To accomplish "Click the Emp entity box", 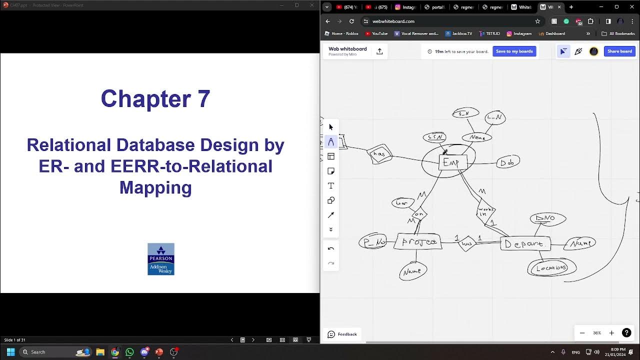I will pos(452,162).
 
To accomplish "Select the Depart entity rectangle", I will pos(525,243).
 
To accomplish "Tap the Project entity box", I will pos(418,242).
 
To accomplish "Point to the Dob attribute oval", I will pos(508,162).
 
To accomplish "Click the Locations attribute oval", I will pos(551,268).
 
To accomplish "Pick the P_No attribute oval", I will pos(373,242).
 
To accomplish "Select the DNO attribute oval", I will pos(547,218).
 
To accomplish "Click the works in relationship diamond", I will pos(485,211).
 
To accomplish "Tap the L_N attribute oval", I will pos(495,118).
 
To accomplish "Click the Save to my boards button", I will pos(514,51).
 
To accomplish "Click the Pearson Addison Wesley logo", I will pos(160,259).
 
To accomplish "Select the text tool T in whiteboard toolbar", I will pos(330,185).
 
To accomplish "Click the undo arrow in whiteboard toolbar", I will pos(330,248).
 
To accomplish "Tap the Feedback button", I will pos(342,334).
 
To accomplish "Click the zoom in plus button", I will pos(611,333).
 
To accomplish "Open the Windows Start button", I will pos(10,352).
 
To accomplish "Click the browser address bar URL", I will pos(393,21).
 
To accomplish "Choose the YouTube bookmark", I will pos(376,33).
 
